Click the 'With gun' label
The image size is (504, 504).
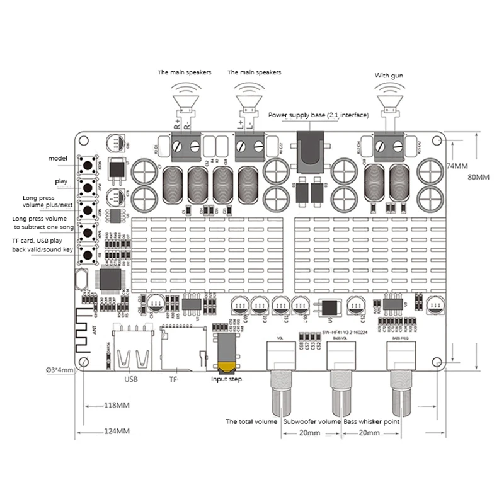(389, 76)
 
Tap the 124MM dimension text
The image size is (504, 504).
(117, 432)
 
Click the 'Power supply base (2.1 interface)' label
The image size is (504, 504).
(318, 115)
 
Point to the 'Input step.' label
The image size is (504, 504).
(228, 380)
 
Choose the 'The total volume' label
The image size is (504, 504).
(251, 421)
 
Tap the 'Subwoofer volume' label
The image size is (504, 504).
(312, 421)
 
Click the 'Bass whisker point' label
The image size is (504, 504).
(372, 421)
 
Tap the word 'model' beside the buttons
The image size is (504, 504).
(57, 157)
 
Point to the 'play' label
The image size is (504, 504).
(61, 181)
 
